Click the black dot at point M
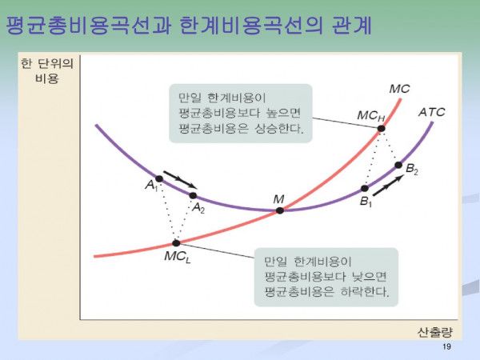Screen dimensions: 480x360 pyautogui.click(x=280, y=210)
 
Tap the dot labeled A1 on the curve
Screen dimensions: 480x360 pyautogui.click(x=159, y=178)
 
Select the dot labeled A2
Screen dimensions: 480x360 pyautogui.click(x=193, y=196)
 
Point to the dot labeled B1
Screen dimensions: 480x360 pyautogui.click(x=365, y=188)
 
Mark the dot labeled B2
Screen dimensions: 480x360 pyautogui.click(x=398, y=165)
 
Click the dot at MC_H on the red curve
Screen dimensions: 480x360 pyautogui.click(x=381, y=129)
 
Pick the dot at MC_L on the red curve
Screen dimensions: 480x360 pyautogui.click(x=176, y=243)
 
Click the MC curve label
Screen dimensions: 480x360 pyautogui.click(x=399, y=89)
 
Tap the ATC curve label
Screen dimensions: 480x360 pyautogui.click(x=432, y=112)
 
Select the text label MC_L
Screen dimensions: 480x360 pyautogui.click(x=178, y=257)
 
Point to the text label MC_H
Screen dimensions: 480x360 pyautogui.click(x=370, y=116)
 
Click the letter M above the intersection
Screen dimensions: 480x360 pyautogui.click(x=278, y=199)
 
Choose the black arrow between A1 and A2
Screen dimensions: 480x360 pyautogui.click(x=180, y=180)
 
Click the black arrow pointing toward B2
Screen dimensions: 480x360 pyautogui.click(x=388, y=186)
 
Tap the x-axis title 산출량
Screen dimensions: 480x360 pyautogui.click(x=434, y=332)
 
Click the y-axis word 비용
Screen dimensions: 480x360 pyautogui.click(x=47, y=79)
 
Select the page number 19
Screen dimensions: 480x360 pyautogui.click(x=446, y=347)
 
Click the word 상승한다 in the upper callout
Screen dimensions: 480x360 pyautogui.click(x=279, y=128)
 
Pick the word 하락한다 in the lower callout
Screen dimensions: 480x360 pyautogui.click(x=365, y=292)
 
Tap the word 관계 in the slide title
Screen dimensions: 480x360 pyautogui.click(x=352, y=25)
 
